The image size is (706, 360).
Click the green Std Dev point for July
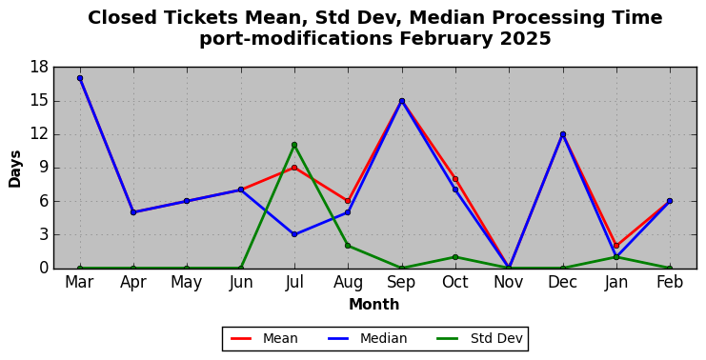294,145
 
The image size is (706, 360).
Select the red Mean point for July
294,168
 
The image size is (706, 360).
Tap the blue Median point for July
294,234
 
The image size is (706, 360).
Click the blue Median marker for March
80,78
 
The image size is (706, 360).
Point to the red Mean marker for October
455,179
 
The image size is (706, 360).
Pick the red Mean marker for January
616,246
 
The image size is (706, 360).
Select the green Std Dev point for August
348,246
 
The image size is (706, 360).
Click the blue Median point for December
563,134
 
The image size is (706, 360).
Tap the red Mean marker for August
348,201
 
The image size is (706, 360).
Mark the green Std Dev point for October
455,257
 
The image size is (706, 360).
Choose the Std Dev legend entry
479,338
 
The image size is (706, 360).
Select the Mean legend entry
264,338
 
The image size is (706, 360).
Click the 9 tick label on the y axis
43,168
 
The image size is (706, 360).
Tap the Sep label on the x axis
402,282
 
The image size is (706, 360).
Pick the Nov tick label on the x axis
509,282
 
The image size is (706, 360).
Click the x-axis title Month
374,304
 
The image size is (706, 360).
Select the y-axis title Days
15,169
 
